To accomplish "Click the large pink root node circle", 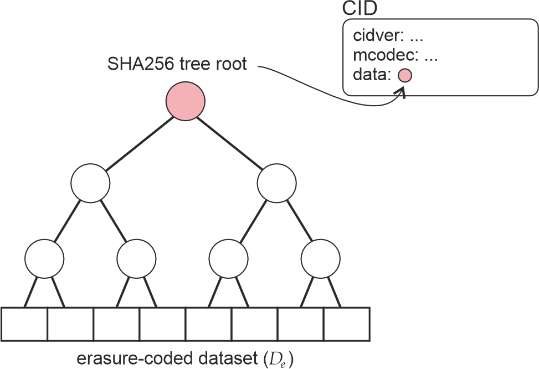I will [x=186, y=101].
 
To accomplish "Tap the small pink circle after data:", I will [x=405, y=75].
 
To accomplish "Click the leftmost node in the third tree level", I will [x=44, y=257].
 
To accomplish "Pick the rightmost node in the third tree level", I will [x=320, y=257].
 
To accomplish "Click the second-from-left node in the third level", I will [x=136, y=257].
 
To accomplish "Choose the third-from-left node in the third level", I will [x=228, y=257].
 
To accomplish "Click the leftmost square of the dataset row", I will [x=24, y=324].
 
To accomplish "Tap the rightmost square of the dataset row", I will [x=346, y=324].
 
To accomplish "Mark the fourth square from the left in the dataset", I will [x=162, y=324].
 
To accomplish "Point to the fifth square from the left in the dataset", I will [x=208, y=324].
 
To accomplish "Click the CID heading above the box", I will [x=361, y=9].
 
